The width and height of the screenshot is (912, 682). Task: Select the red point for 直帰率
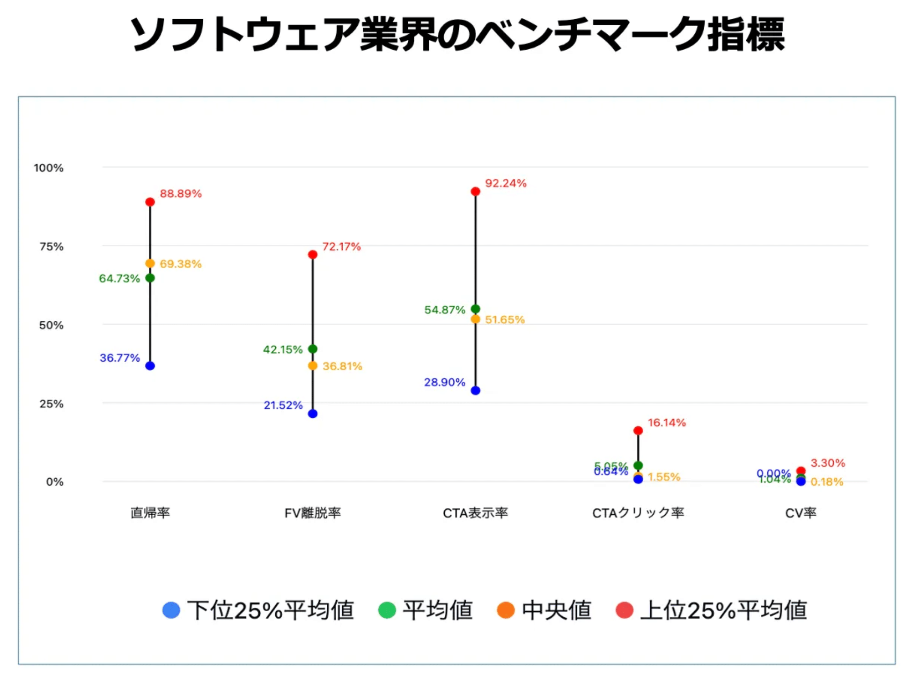150,202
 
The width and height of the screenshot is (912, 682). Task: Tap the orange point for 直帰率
150,263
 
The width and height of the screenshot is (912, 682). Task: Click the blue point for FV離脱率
313,414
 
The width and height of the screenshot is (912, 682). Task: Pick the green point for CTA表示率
475,309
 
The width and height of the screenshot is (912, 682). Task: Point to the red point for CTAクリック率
638,430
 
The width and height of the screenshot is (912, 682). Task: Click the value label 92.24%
506,183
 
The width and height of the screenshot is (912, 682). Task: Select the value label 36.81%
342,366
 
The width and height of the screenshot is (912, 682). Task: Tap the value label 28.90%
444,382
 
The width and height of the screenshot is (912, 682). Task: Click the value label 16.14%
667,423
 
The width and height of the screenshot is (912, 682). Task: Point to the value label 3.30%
828,463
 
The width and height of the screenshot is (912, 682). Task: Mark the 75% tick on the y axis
51,246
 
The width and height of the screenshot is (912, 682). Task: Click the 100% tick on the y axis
49,168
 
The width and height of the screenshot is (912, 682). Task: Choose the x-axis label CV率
801,513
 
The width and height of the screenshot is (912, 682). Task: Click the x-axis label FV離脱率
313,513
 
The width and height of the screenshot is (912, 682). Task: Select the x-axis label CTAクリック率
638,513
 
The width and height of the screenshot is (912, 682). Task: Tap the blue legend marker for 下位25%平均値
171,610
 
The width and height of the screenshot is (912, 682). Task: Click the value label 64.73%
119,279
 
